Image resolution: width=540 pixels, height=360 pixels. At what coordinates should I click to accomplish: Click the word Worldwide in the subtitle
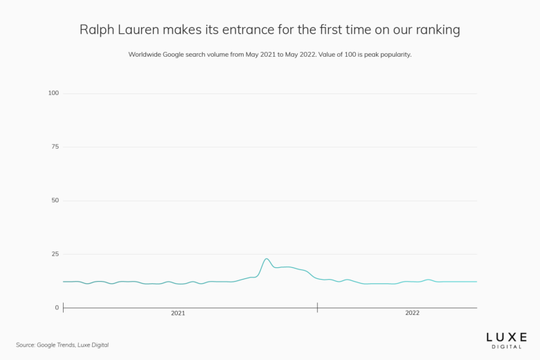[147, 54]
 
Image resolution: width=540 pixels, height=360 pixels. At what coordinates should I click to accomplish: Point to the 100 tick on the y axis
[53, 93]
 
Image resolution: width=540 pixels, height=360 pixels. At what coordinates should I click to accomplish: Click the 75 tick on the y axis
[55, 147]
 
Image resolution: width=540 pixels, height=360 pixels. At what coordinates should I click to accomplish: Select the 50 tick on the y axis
[55, 200]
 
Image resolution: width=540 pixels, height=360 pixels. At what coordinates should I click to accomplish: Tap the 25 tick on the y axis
[55, 254]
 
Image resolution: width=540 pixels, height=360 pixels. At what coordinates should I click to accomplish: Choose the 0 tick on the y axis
[57, 307]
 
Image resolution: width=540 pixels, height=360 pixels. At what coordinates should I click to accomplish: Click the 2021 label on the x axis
[178, 313]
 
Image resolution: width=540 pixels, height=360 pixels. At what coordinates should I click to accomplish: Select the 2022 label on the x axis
[412, 313]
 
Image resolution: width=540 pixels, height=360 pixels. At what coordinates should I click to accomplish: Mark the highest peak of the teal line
[267, 259]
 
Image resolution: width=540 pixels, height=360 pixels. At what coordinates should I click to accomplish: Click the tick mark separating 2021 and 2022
[317, 307]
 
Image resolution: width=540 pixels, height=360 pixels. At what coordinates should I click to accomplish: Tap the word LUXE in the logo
[505, 336]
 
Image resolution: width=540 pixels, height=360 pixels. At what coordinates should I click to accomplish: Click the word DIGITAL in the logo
[505, 347]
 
